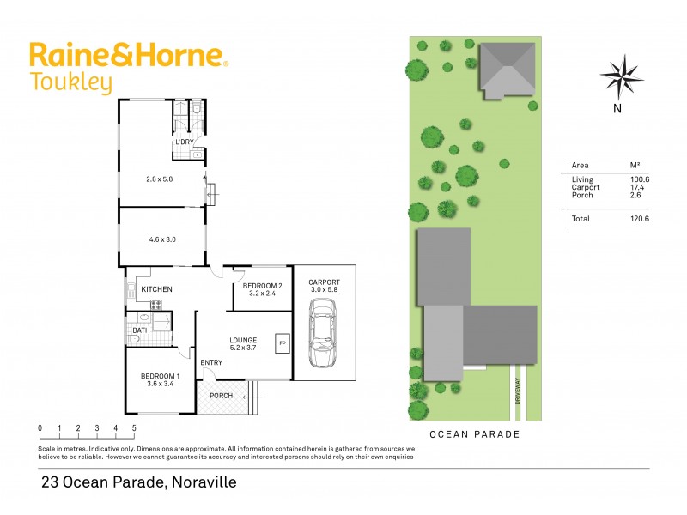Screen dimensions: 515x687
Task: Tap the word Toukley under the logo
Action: [x=70, y=83]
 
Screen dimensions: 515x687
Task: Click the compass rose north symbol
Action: [x=622, y=76]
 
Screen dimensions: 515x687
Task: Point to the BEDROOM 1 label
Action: [x=160, y=376]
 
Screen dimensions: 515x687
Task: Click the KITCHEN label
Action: [x=157, y=289]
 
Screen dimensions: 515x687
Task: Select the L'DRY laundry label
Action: [x=184, y=142]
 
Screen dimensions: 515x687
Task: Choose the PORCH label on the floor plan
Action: [x=222, y=396]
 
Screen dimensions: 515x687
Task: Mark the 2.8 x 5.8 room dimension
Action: [x=160, y=179]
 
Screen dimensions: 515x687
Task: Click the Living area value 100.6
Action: [x=640, y=179]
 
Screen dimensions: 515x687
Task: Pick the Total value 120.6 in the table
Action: [x=640, y=219]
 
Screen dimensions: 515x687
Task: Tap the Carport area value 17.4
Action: [x=640, y=187]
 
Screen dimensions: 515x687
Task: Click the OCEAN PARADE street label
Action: [x=475, y=434]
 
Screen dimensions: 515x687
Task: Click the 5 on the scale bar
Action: [x=134, y=427]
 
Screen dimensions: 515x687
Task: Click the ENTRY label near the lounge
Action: [x=211, y=362]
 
